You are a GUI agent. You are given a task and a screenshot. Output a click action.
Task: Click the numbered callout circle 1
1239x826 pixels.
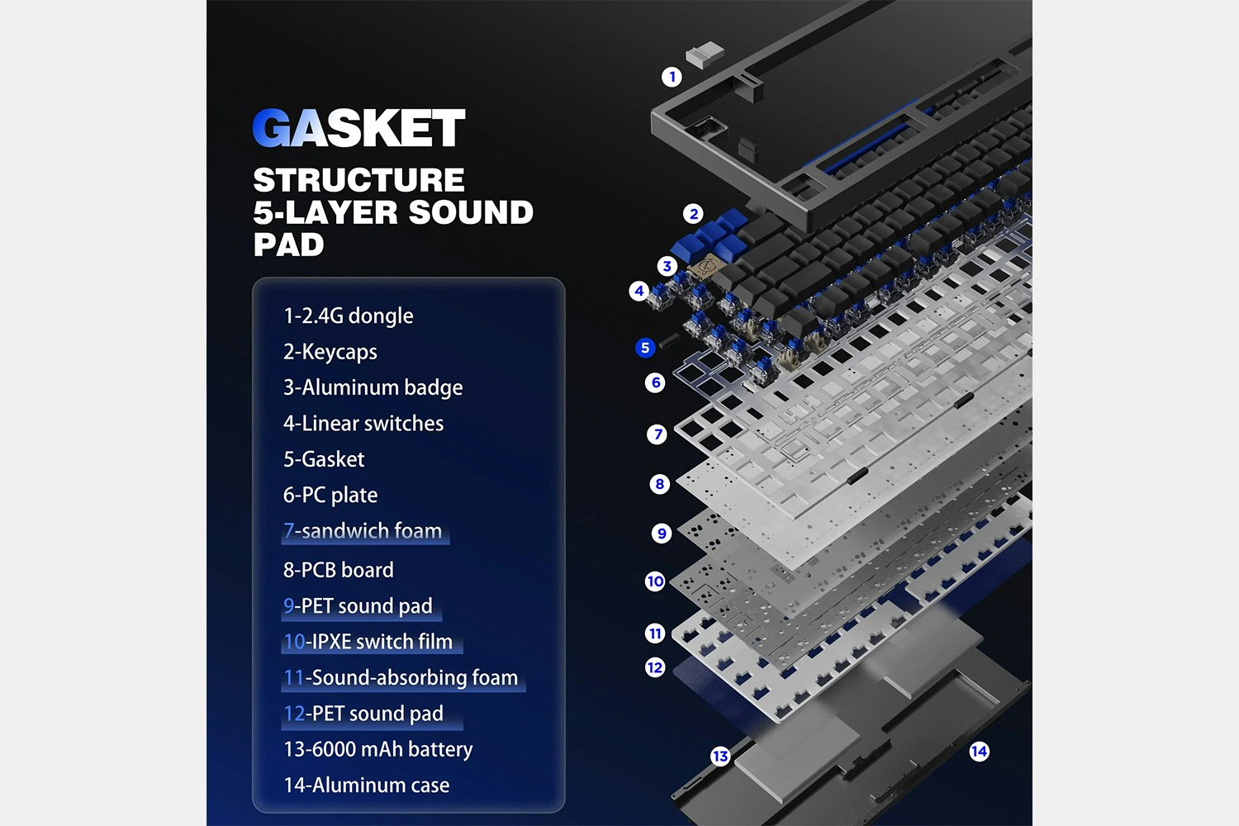click(x=672, y=77)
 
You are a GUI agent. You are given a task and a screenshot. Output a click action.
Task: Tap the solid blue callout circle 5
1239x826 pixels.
click(x=645, y=348)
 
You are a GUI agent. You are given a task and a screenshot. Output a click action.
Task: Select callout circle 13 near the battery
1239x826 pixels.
click(x=720, y=756)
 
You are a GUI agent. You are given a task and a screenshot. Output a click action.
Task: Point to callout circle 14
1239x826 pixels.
click(x=979, y=752)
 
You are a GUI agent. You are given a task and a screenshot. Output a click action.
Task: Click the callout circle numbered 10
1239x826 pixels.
click(x=655, y=582)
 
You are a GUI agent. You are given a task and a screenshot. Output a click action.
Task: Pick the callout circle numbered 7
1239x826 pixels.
click(x=657, y=434)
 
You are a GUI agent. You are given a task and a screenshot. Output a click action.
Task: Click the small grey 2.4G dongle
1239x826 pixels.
click(x=705, y=55)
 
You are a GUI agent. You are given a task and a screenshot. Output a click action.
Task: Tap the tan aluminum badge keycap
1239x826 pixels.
click(x=705, y=268)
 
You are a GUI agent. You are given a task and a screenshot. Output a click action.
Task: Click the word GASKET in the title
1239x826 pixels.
click(x=358, y=128)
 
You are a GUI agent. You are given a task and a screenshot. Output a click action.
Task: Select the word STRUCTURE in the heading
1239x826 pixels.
click(x=359, y=180)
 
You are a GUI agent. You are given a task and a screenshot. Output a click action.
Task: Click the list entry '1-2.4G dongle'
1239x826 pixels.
click(x=349, y=316)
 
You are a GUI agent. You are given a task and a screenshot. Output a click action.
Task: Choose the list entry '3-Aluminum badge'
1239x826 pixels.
click(x=373, y=387)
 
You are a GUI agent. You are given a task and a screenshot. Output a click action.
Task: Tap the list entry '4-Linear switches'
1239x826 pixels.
click(x=363, y=423)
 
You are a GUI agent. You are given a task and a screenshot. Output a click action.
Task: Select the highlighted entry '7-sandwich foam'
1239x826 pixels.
click(x=363, y=531)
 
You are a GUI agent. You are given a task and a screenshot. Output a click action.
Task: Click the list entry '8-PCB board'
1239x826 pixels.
click(x=339, y=570)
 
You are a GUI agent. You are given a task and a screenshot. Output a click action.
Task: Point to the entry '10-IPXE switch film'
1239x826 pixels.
click(x=368, y=642)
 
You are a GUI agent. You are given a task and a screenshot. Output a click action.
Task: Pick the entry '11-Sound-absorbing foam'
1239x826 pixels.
click(x=401, y=677)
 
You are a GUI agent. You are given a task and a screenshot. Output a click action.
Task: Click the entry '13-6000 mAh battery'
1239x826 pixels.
click(x=378, y=749)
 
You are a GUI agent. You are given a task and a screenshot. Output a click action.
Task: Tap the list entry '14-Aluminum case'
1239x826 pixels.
click(x=367, y=785)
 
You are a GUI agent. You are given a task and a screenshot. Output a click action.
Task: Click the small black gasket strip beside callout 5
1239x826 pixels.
click(x=669, y=340)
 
